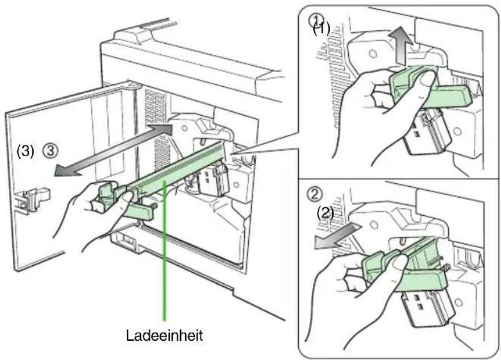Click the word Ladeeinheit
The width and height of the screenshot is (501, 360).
(x=164, y=336)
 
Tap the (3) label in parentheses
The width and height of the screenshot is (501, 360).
(x=25, y=151)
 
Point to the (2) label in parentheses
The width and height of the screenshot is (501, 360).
(x=325, y=212)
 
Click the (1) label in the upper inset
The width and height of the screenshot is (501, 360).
(x=321, y=30)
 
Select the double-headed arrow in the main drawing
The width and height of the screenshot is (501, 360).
(x=114, y=150)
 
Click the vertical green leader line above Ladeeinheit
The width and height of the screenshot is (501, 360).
(x=164, y=250)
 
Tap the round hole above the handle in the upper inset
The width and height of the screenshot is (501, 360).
(x=373, y=53)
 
